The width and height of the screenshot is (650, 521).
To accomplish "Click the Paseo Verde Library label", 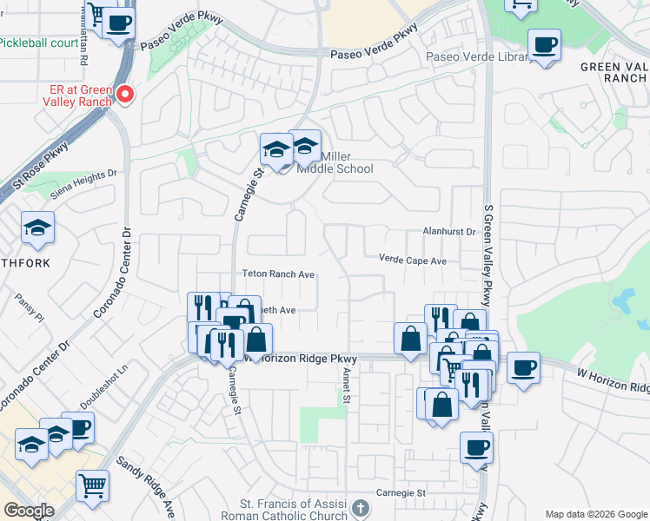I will click(478, 57).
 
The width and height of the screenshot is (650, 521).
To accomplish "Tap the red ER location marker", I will click(125, 95).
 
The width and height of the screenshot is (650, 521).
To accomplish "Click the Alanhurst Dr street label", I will click(449, 232).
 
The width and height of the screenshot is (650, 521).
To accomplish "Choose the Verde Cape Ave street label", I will click(412, 260).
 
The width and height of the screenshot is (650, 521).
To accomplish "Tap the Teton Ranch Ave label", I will click(278, 274).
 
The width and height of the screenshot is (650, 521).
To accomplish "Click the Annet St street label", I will click(345, 387).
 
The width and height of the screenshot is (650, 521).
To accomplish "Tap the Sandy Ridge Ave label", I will click(147, 486).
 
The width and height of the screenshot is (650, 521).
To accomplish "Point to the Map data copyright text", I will click(596, 514).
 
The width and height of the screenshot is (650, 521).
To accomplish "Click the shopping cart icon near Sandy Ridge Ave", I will click(92, 485).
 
